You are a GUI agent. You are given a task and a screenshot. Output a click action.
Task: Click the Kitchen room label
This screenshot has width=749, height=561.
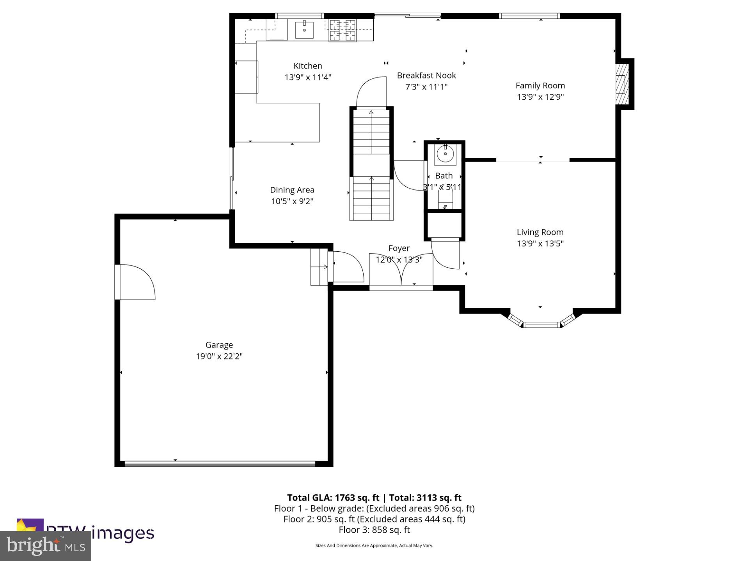(307, 66)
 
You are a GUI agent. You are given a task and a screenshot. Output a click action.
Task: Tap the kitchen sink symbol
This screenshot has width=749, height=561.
(304, 30)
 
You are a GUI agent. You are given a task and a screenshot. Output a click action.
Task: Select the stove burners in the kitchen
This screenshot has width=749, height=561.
(343, 30)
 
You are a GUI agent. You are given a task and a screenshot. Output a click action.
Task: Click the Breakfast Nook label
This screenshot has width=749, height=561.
(426, 76)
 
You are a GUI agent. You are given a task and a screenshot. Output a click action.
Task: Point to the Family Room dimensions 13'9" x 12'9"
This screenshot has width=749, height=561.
(540, 97)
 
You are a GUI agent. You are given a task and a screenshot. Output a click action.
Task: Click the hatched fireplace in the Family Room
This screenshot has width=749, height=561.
(622, 84)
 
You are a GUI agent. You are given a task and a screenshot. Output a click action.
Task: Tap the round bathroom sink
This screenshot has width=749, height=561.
(445, 153)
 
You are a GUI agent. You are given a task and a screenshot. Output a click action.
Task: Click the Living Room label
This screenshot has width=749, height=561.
(540, 232)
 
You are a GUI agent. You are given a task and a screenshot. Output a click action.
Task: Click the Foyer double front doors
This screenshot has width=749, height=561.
(401, 273)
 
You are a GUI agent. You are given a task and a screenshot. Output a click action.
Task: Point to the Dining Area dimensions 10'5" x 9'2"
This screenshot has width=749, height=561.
(292, 201)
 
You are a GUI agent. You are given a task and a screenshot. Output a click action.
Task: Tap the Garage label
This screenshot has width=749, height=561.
(219, 345)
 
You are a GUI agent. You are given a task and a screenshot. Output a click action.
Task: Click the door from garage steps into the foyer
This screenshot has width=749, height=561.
(345, 266)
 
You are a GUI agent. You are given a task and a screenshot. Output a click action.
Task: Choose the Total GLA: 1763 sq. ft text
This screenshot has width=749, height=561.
(333, 497)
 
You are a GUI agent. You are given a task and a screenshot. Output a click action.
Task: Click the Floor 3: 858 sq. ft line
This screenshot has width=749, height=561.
(374, 530)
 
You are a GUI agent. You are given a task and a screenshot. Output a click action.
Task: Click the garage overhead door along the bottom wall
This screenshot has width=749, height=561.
(220, 464)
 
